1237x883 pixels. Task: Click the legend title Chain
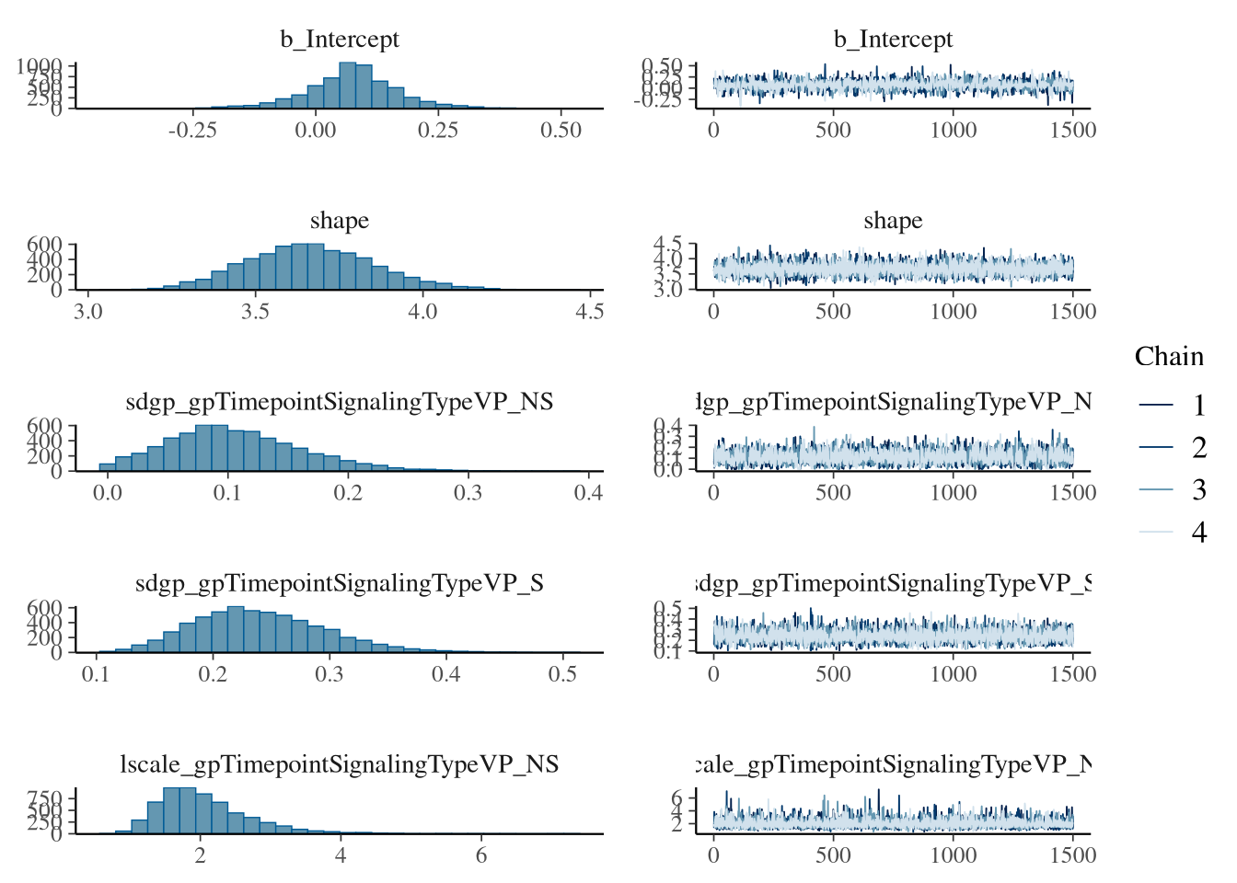coord(1169,357)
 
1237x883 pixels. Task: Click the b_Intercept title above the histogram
coord(340,40)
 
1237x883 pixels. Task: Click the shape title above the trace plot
coord(893,221)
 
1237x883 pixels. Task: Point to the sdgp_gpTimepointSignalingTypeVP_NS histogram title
coord(340,402)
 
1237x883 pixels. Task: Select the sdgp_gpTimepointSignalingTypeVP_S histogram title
coord(340,583)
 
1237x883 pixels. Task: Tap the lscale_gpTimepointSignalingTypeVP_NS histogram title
coord(340,764)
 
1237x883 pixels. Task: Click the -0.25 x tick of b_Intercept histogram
coord(192,130)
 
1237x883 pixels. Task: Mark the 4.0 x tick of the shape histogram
coord(422,311)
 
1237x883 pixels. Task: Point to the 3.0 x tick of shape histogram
coord(88,311)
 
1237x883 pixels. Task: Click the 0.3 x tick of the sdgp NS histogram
coord(468,492)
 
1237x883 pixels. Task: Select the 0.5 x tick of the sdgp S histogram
coord(562,673)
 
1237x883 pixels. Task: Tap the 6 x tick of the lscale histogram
coord(481,854)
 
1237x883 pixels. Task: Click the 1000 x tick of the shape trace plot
coord(953,311)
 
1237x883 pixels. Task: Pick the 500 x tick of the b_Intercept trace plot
coord(833,130)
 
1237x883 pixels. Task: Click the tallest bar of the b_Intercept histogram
coord(347,85)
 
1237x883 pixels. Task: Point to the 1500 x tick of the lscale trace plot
coord(1072,854)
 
